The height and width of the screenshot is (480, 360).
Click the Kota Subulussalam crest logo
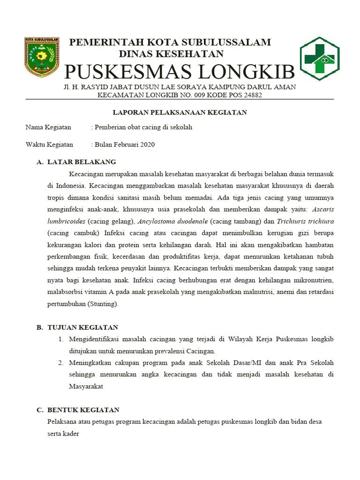(41, 57)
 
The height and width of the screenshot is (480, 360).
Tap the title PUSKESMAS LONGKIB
(179, 72)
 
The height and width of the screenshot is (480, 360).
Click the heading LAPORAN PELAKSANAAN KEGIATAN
(180, 112)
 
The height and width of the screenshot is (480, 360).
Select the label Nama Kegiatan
(48, 127)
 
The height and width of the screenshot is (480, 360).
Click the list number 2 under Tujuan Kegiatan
(61, 363)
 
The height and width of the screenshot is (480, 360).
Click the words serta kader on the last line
(63, 434)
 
